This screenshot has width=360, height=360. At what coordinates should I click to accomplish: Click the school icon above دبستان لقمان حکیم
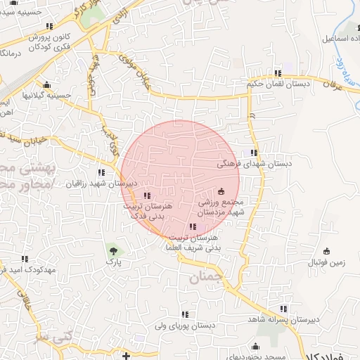coord(279,73)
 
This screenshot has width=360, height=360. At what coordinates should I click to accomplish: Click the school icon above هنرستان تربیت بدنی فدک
coord(146,196)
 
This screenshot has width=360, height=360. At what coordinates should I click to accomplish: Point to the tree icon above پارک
coord(112,249)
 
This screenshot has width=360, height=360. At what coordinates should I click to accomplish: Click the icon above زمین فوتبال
coord(326,251)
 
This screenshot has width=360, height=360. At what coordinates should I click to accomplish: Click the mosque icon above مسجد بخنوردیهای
coord(255,345)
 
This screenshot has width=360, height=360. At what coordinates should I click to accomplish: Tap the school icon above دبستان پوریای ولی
coord(185,314)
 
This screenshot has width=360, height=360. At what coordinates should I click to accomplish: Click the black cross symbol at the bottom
coord(126,354)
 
